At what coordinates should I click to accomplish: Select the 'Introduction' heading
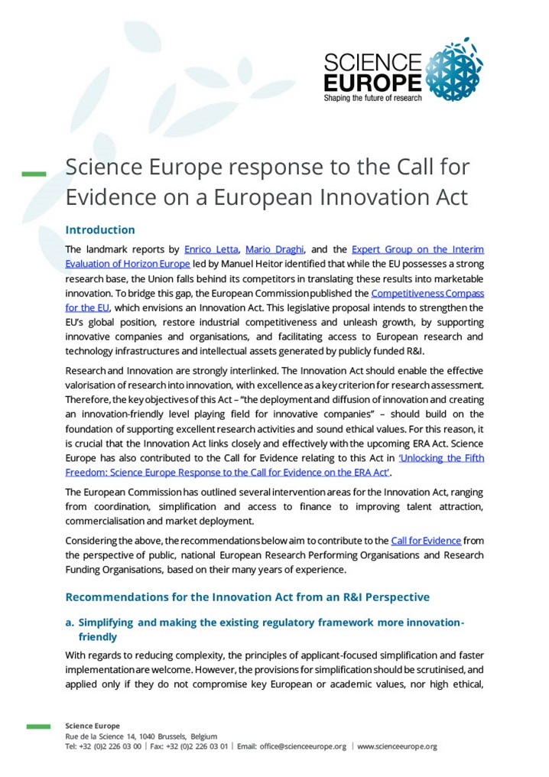pos(100,229)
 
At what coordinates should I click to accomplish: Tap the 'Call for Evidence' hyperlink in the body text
pos(426,541)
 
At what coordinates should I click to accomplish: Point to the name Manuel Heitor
pos(241,264)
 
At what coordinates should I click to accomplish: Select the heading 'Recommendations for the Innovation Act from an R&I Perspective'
pos(247,597)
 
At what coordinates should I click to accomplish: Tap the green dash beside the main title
pos(34,175)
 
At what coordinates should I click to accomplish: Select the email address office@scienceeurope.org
pos(302,746)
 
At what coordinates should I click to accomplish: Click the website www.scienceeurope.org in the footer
pos(398,746)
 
